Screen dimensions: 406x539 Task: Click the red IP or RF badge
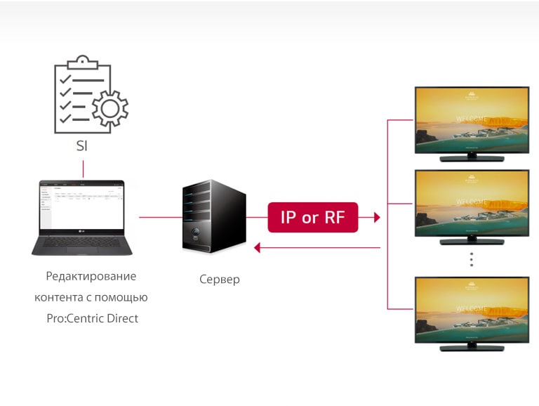(313, 217)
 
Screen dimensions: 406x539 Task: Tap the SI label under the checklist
(82, 148)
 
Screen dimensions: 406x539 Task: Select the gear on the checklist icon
(109, 109)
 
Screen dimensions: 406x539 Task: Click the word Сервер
(219, 280)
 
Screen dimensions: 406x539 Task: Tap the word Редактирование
(91, 276)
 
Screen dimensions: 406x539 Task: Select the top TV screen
(471, 119)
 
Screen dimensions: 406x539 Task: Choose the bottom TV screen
(471, 308)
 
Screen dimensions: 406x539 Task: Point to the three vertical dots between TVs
(472, 259)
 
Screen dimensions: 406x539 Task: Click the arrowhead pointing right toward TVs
(376, 218)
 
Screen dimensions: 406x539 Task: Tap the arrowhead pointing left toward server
(258, 247)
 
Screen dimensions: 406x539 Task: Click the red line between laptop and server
(160, 217)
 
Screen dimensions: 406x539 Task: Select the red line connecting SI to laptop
(83, 169)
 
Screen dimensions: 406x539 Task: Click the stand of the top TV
(471, 158)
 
